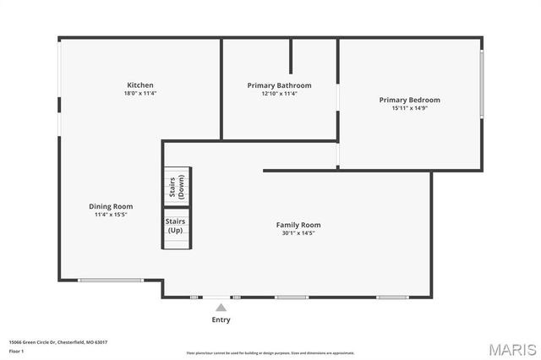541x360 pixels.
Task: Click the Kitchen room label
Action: click(x=140, y=85)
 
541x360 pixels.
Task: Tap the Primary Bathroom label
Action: click(x=279, y=85)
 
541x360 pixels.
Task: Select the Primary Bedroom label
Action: click(x=409, y=100)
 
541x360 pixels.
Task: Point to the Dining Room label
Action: click(x=111, y=206)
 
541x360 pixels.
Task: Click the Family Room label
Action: click(x=298, y=225)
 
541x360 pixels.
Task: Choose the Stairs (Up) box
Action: click(x=176, y=226)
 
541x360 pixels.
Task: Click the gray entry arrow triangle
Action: click(x=221, y=308)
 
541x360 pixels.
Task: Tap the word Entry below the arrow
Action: click(x=221, y=320)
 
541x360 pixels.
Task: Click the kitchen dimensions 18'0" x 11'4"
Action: click(x=140, y=94)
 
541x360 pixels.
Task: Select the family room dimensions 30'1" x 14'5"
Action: click(x=298, y=233)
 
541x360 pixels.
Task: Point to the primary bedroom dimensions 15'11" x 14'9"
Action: click(x=409, y=108)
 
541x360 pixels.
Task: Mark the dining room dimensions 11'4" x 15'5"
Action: click(x=111, y=215)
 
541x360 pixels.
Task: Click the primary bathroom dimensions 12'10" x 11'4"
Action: click(x=279, y=94)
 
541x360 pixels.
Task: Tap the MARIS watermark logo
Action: click(x=512, y=349)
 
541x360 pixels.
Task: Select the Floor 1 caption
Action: click(x=17, y=351)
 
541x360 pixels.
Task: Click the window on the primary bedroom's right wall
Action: click(x=481, y=85)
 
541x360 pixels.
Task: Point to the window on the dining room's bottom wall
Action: click(x=111, y=280)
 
